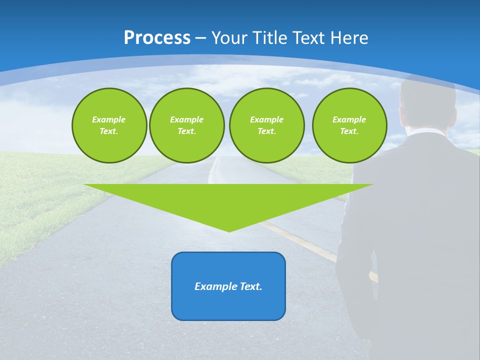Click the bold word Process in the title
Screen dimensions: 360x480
click(157, 37)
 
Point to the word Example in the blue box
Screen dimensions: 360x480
click(214, 286)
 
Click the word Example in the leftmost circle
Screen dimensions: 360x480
click(109, 119)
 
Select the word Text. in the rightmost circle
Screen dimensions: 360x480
click(349, 131)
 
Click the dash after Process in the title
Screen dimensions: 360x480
click(200, 38)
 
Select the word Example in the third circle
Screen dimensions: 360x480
click(266, 119)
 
